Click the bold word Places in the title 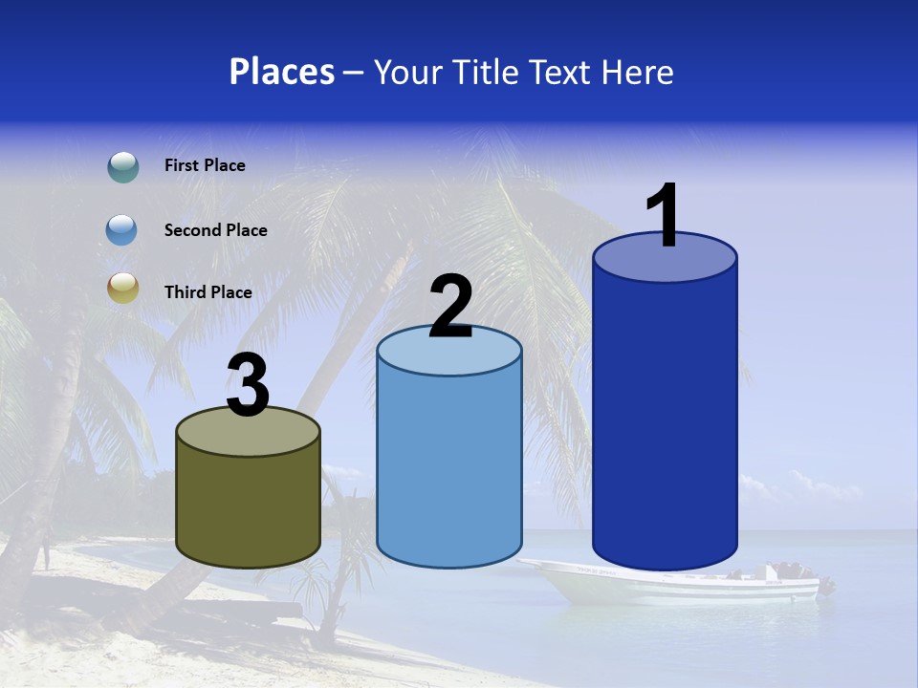(x=282, y=72)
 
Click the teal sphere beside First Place (x=122, y=167)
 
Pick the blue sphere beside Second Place (x=122, y=230)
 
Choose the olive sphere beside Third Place (x=122, y=288)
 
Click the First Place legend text (x=205, y=165)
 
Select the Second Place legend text (x=215, y=230)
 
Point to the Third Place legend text (x=208, y=292)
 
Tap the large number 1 (x=664, y=216)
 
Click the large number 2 (x=450, y=307)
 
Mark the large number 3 (x=248, y=386)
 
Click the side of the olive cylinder (x=248, y=506)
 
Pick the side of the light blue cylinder (x=449, y=468)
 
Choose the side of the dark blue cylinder (x=665, y=420)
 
